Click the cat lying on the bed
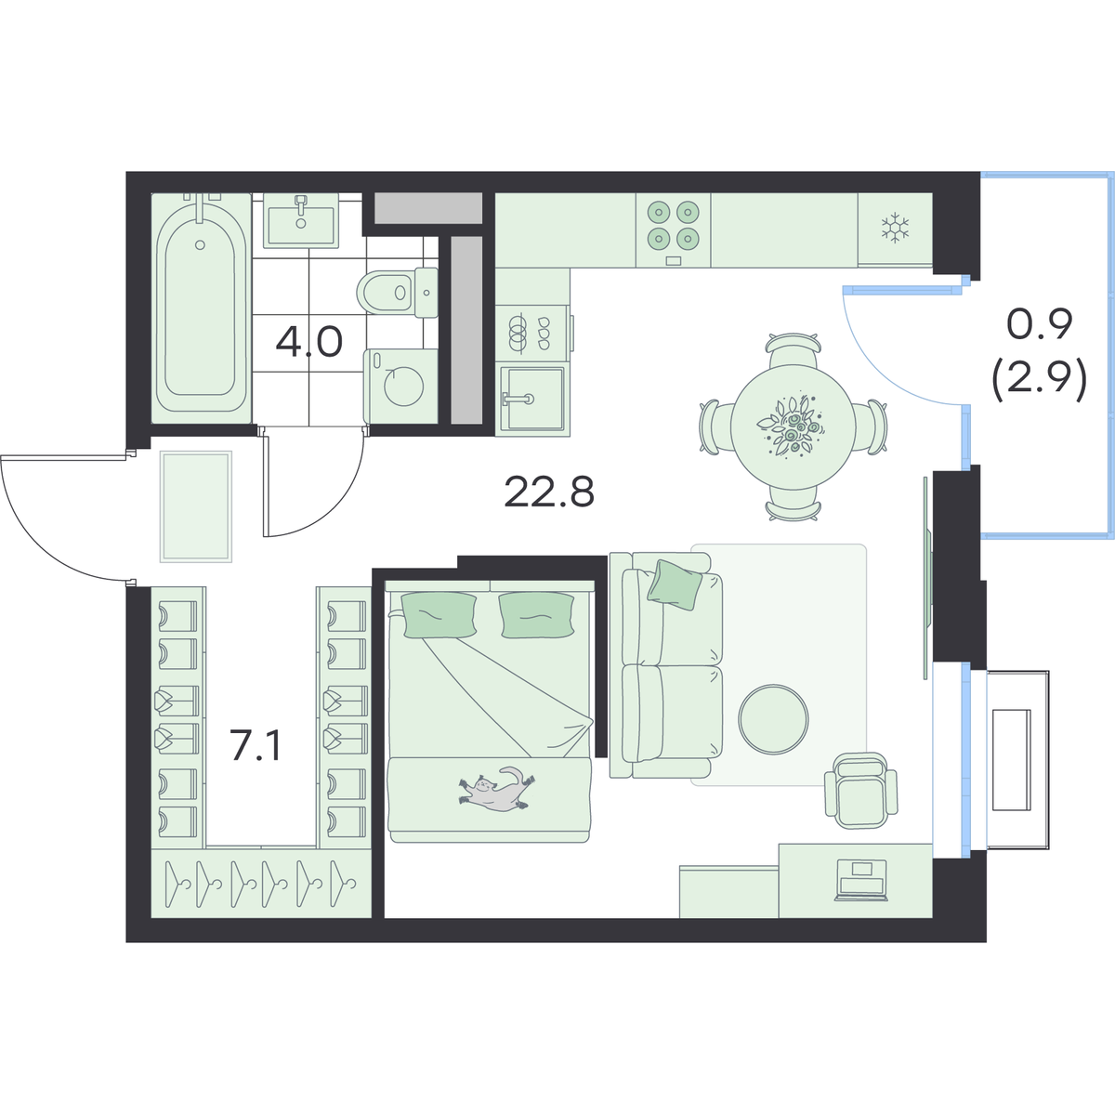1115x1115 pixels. [496, 789]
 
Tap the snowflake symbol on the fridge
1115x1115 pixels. [895, 228]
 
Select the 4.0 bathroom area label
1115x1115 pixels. [309, 343]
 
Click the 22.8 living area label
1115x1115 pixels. [549, 492]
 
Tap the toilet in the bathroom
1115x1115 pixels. [398, 292]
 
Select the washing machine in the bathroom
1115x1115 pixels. [400, 386]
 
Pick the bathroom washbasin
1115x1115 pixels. [301, 220]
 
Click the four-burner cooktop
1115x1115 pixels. [673, 230]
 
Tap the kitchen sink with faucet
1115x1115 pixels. [532, 400]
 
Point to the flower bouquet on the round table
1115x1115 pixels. [791, 426]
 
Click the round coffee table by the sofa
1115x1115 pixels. [773, 719]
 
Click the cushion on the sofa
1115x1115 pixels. [674, 584]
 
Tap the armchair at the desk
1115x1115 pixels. [861, 791]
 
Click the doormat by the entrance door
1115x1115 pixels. [196, 506]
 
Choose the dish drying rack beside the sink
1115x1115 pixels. [532, 335]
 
